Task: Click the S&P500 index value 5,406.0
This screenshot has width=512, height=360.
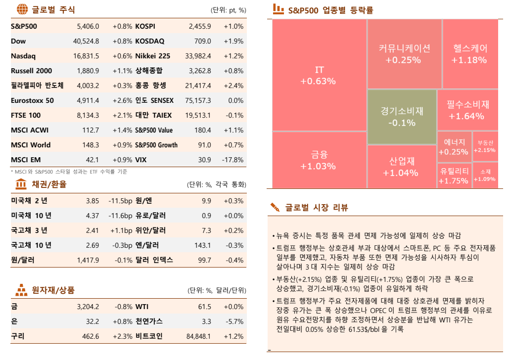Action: tap(88, 26)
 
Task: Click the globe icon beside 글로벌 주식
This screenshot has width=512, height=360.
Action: tap(22, 9)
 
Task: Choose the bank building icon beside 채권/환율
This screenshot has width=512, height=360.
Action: tap(22, 184)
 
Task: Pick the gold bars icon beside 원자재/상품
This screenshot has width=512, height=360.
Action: tap(22, 290)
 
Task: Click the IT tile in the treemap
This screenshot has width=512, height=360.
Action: tap(319, 75)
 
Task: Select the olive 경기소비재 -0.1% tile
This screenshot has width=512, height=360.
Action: tap(402, 117)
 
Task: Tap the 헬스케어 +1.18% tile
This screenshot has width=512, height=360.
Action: tap(470, 54)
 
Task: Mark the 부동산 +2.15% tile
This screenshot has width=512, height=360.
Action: tap(485, 147)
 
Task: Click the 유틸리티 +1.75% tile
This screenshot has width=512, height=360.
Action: tap(454, 176)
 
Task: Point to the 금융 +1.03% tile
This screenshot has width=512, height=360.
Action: tap(319, 160)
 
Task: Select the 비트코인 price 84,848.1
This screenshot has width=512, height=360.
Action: tap(198, 336)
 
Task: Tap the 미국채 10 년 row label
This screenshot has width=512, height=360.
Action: tap(31, 216)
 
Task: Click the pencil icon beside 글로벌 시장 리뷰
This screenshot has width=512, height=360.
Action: tap(275, 208)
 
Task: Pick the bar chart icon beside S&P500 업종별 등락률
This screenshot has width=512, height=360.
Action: tap(279, 9)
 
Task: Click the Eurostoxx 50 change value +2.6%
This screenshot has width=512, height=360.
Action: tap(122, 100)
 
